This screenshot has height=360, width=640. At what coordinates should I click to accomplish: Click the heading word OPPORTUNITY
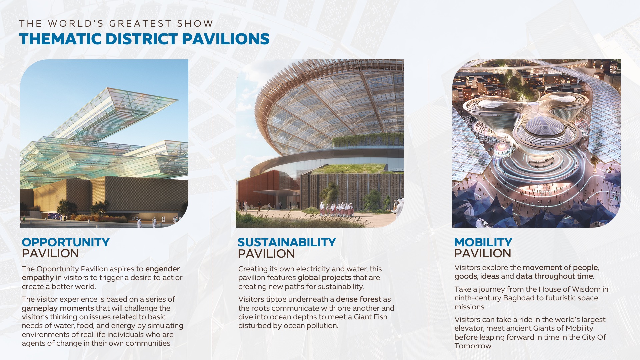click(x=66, y=242)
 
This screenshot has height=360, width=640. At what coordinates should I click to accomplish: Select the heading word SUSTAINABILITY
click(x=287, y=242)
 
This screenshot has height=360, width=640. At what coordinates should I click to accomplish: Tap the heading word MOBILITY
click(x=483, y=242)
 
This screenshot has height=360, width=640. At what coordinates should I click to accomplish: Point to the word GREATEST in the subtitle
click(x=140, y=24)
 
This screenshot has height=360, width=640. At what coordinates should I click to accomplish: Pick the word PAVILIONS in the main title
click(x=225, y=39)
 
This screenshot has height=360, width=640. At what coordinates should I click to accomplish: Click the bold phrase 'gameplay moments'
click(x=58, y=308)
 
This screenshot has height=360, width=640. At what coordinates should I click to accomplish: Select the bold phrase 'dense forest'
click(x=358, y=299)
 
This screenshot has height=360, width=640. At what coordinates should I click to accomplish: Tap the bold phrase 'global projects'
click(x=324, y=278)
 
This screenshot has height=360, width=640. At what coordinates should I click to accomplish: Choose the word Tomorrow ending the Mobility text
click(x=473, y=346)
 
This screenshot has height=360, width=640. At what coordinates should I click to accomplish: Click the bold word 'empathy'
click(x=38, y=278)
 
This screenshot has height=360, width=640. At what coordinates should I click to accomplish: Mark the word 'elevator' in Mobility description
click(x=467, y=328)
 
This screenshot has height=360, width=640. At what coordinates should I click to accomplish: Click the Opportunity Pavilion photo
click(x=104, y=143)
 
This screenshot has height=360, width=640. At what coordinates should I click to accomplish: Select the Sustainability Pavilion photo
click(x=320, y=143)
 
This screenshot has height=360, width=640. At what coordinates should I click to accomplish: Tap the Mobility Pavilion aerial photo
click(x=536, y=143)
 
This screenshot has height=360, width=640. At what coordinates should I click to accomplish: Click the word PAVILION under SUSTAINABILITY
click(x=266, y=254)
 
